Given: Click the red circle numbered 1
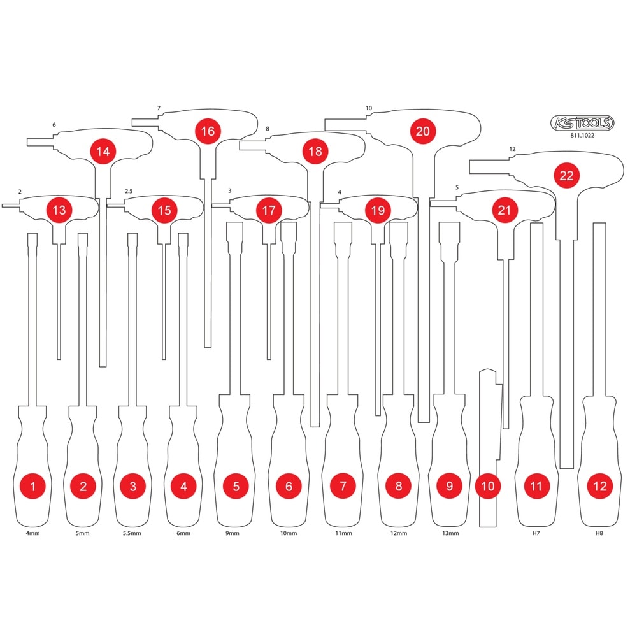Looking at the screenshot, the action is coord(33,486).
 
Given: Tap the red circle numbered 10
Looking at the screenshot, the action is coord(488,486).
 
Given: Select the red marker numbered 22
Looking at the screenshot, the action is coord(566,176).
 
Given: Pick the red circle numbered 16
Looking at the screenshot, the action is coord(208,131).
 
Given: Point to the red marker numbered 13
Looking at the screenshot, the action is coord(59,210).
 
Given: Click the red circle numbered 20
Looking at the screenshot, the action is coord(422,131).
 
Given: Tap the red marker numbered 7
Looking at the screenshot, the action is coord(343,486).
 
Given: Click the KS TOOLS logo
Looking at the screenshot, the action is coord(582,123).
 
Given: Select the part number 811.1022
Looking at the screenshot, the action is coord(582,136).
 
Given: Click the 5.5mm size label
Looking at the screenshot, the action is coord(132,533).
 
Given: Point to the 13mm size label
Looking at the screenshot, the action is coord(450,533).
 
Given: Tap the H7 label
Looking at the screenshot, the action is coord(536,533).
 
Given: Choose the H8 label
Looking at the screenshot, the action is coord(599,533).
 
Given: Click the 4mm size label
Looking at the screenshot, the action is coord(33,533).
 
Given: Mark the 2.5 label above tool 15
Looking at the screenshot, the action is coord(129,191).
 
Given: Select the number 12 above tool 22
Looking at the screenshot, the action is coord(512,149).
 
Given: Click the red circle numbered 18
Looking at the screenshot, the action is coord(315,151).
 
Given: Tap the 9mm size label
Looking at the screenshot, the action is coord(233,533).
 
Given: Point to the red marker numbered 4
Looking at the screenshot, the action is coord(183,486).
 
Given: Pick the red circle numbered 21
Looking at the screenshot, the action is coord(504,210).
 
